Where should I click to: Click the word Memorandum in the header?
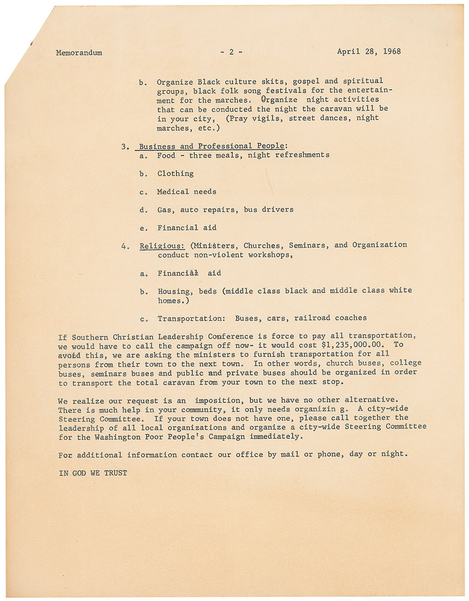click(79, 52)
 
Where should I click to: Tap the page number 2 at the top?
click(231, 52)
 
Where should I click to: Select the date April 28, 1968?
click(369, 52)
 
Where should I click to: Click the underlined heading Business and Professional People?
click(213, 145)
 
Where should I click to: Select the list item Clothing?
click(175, 174)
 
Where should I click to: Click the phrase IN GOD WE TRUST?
click(93, 473)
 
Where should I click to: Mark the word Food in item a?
click(166, 155)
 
